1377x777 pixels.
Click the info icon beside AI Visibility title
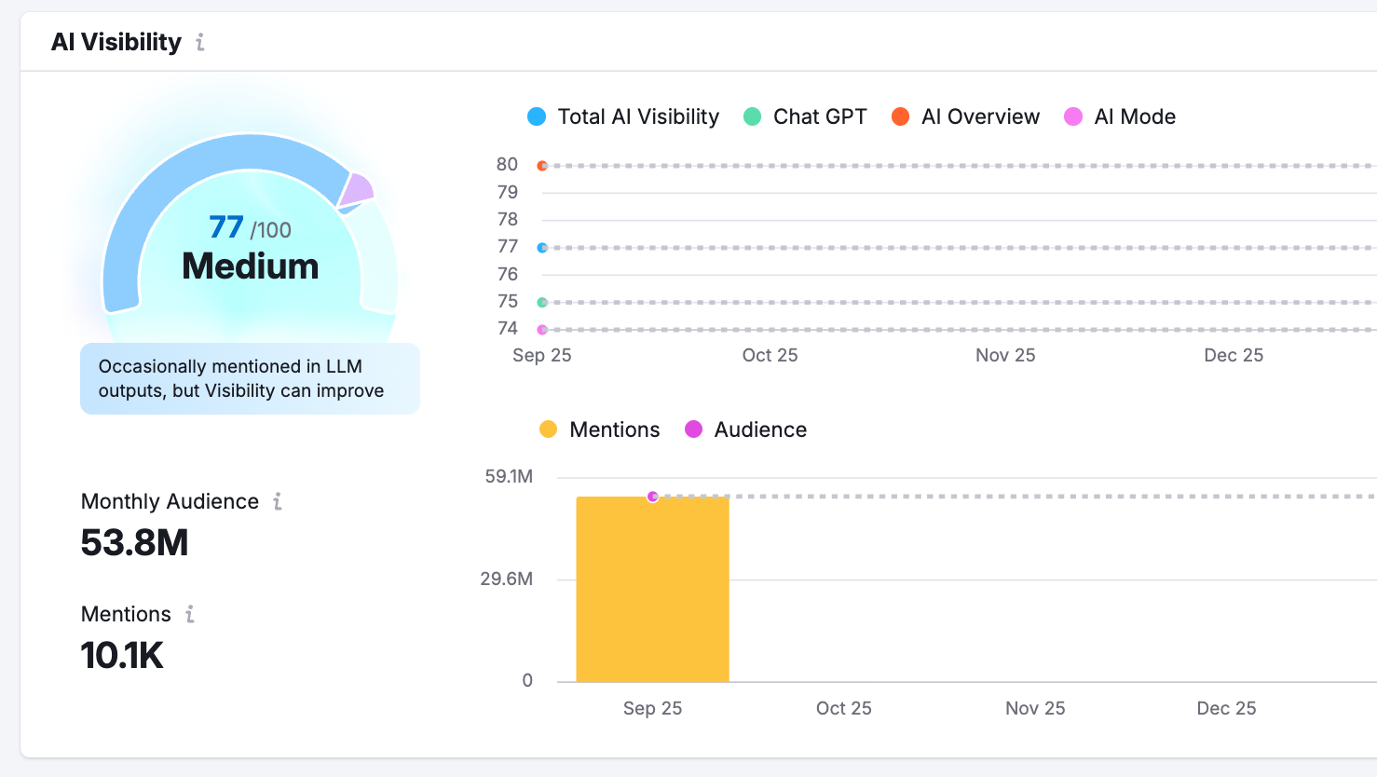coord(199,42)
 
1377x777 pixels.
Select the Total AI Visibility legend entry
coord(623,116)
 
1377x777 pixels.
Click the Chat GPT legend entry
coord(805,116)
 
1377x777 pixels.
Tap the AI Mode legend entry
coord(1120,116)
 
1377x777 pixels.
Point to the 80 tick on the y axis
coord(507,165)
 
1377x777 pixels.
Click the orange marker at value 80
coord(542,166)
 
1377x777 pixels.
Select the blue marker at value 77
coord(542,248)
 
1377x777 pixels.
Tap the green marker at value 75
coord(542,303)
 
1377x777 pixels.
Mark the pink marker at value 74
coord(542,330)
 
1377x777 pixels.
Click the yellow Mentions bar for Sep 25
coord(652,596)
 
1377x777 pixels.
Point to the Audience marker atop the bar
coord(653,497)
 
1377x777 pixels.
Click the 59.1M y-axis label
coord(509,477)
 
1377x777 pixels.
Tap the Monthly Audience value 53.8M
coord(135,542)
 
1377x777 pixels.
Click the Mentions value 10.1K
coord(122,655)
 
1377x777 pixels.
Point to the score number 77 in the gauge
coord(226,227)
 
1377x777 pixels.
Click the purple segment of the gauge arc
coord(357,189)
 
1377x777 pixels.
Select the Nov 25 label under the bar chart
coord(1035,708)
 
